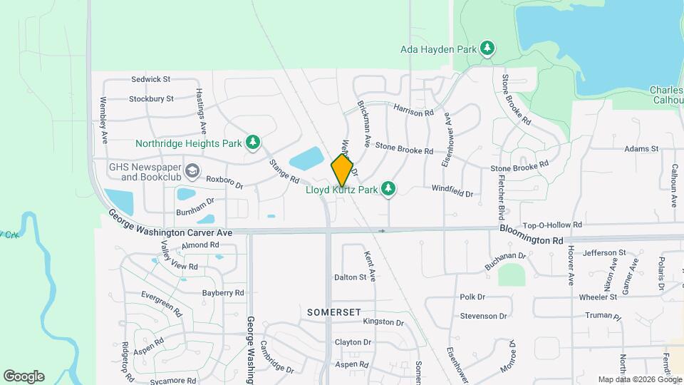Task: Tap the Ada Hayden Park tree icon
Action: click(x=488, y=48)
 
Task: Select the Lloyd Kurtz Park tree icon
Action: click(x=388, y=189)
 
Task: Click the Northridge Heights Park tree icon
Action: click(x=252, y=143)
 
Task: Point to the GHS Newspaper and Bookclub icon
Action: click(x=192, y=171)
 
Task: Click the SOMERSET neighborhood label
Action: click(x=335, y=312)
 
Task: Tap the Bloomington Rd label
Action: click(x=532, y=240)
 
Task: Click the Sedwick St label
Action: click(x=150, y=79)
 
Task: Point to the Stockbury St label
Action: click(x=152, y=98)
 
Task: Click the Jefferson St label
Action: click(x=603, y=252)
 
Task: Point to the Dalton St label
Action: click(x=350, y=277)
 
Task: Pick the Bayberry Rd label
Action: click(x=223, y=292)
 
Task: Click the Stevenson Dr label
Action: click(x=483, y=315)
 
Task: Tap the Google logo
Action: click(x=24, y=376)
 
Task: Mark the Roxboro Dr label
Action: click(x=224, y=183)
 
